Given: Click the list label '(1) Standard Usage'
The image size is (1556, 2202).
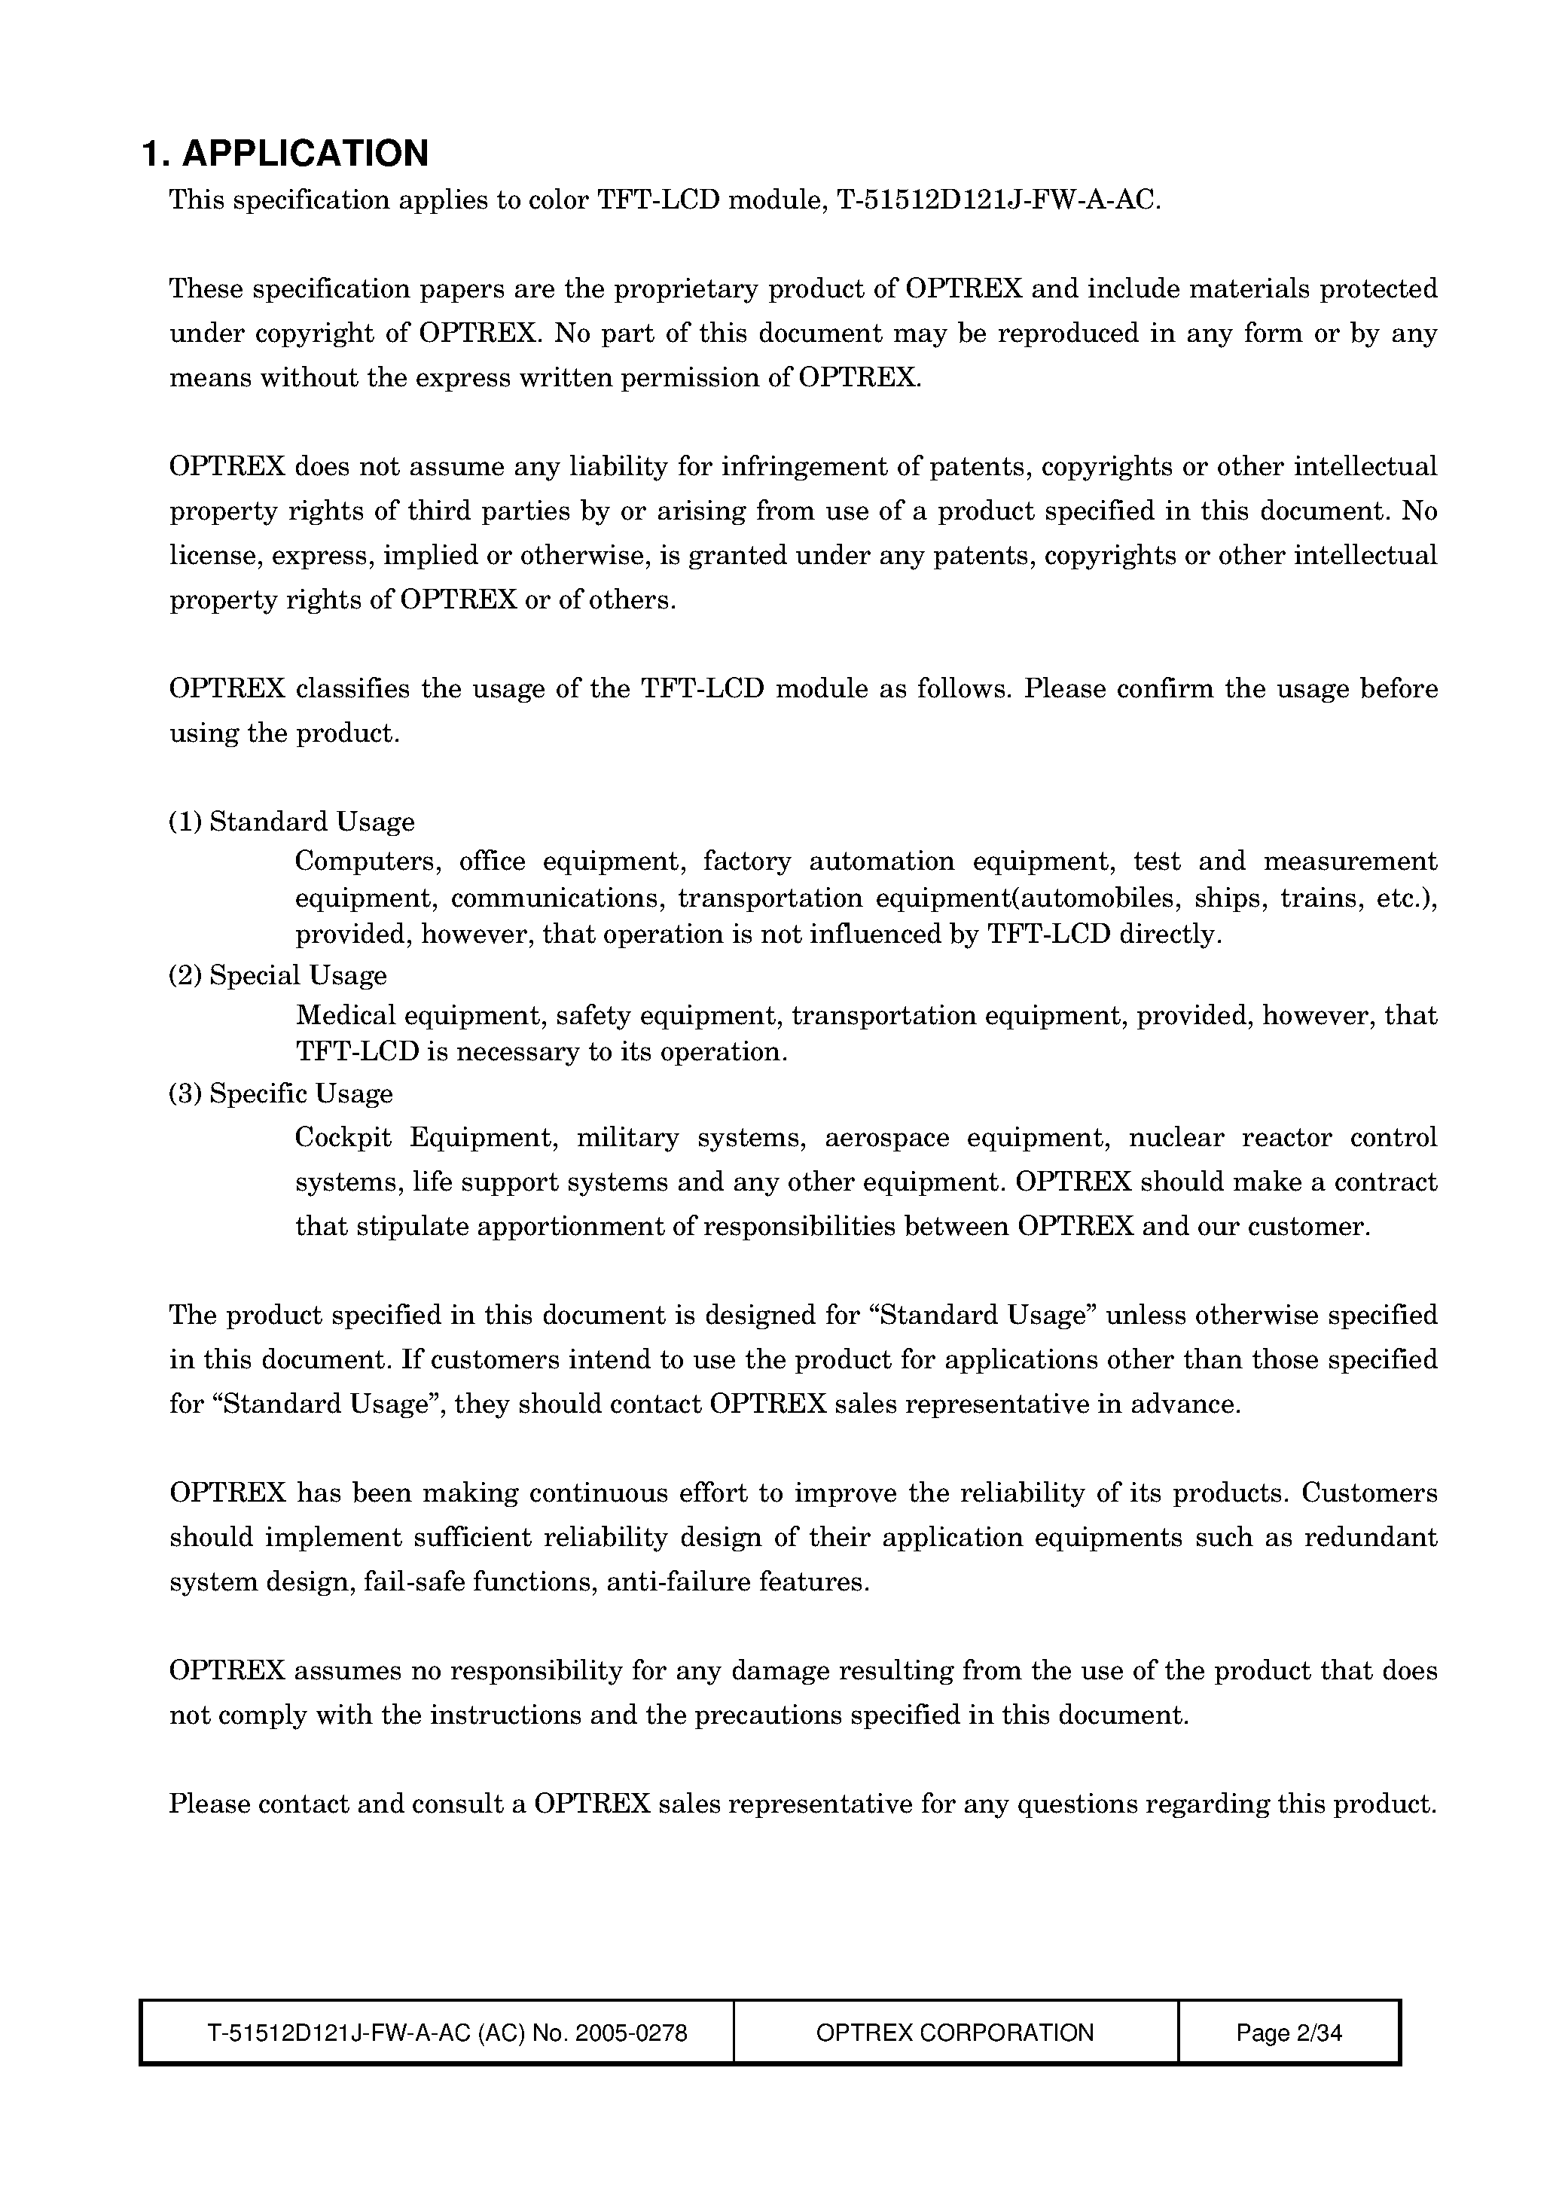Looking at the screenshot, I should click(291, 822).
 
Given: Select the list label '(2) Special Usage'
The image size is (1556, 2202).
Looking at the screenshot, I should click(278, 975).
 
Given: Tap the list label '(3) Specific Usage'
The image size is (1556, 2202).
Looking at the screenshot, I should click(281, 1093).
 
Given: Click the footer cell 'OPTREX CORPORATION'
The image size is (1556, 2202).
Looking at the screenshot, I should click(954, 2033).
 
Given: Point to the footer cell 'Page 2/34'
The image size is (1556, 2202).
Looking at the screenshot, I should click(1289, 2033).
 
